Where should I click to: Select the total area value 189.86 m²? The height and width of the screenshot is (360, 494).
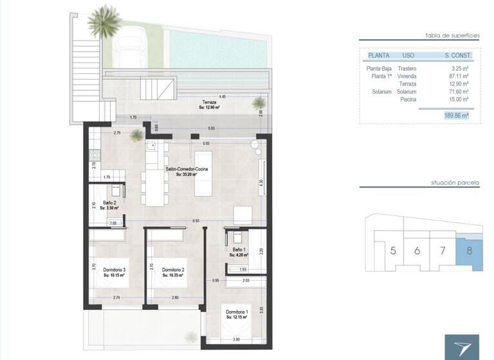pyautogui.click(x=456, y=116)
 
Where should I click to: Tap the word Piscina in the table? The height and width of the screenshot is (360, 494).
pyautogui.click(x=408, y=99)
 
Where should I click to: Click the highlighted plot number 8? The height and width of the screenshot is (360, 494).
pyautogui.click(x=469, y=250)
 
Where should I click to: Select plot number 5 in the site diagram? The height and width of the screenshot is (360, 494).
pyautogui.click(x=393, y=250)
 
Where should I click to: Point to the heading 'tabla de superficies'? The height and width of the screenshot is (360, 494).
pyautogui.click(x=453, y=36)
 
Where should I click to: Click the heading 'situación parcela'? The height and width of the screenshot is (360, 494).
pyautogui.click(x=455, y=183)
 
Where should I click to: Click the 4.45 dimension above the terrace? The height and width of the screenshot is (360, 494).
pyautogui.click(x=223, y=96)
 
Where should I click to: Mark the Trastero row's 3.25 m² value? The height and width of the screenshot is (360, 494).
pyautogui.click(x=460, y=68)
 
